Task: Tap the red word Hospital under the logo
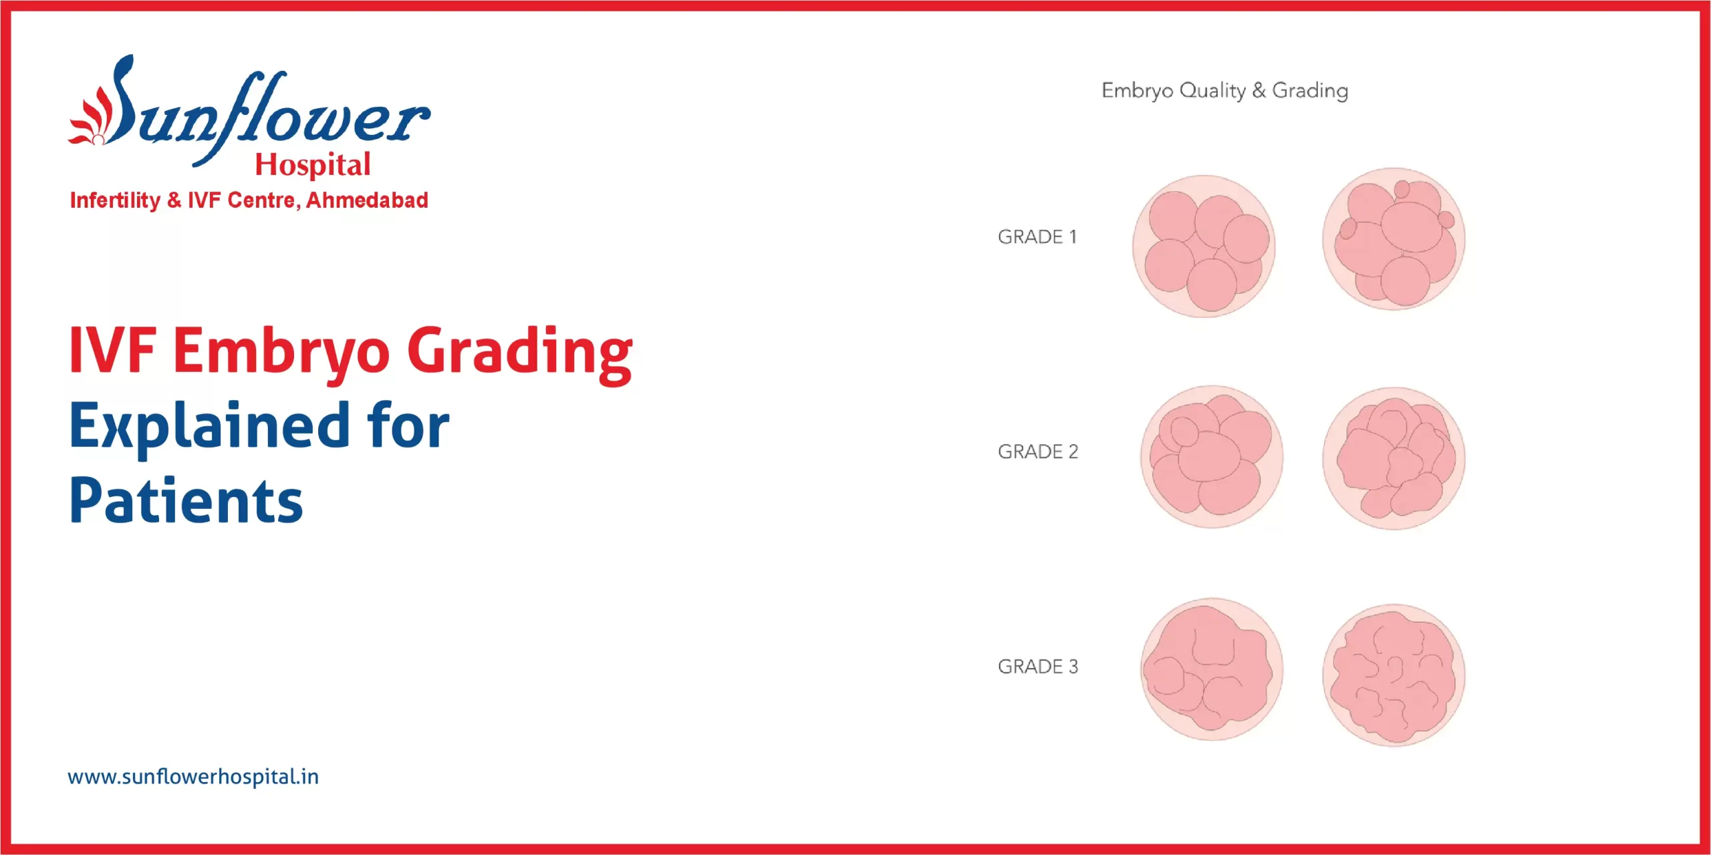(313, 164)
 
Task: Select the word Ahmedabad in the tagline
(367, 200)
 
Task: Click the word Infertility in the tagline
(115, 200)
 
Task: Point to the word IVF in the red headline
(112, 350)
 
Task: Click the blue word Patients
(186, 501)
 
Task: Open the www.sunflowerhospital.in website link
(193, 776)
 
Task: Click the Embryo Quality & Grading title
(1224, 90)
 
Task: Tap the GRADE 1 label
(1037, 236)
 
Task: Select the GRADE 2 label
(1037, 452)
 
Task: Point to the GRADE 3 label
(1037, 666)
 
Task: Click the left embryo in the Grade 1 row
(1204, 246)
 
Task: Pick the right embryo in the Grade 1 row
(1394, 239)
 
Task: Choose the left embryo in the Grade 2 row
(1211, 457)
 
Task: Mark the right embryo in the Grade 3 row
(1394, 675)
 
